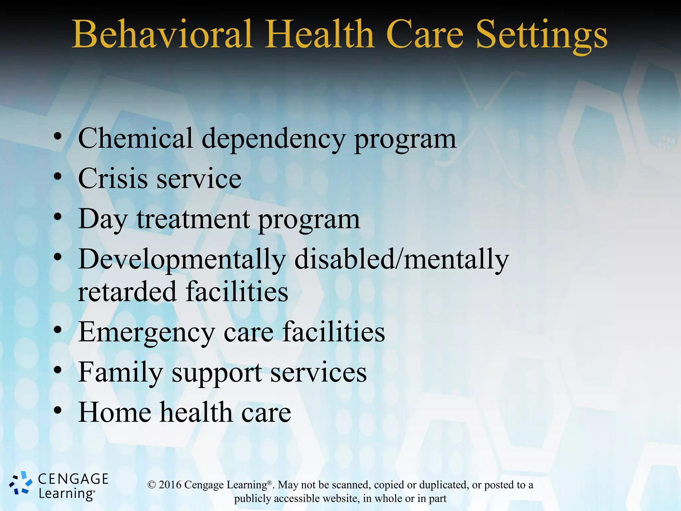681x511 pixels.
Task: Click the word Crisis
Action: coord(113,179)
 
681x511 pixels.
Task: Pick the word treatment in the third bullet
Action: coord(193,219)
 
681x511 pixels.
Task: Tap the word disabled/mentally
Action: coord(401,259)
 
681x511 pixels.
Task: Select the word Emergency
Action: coord(146,333)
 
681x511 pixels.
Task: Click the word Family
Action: coord(120,373)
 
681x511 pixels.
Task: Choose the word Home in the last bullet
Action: coord(114,413)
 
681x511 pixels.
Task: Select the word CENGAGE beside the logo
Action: coord(73,479)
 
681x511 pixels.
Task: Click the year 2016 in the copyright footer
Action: coord(170,485)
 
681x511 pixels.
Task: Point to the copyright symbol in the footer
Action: coord(152,485)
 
